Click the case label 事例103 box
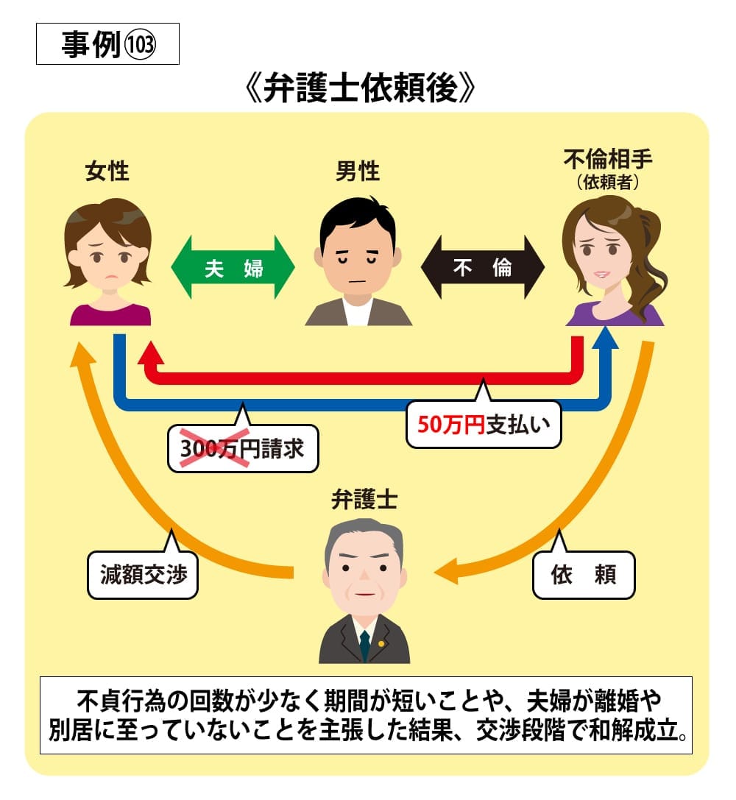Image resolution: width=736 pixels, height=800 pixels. tap(107, 46)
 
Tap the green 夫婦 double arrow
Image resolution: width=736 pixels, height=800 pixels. tap(233, 267)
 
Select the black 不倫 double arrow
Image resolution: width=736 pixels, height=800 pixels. tap(482, 267)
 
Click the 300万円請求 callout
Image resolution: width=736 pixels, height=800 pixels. tap(243, 449)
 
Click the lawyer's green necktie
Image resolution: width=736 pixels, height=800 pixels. tap(365, 645)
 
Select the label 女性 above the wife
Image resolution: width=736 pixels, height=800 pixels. tap(107, 172)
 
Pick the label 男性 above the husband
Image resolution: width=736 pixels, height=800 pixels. tap(358, 172)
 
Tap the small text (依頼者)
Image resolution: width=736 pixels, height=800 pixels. tap(607, 183)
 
